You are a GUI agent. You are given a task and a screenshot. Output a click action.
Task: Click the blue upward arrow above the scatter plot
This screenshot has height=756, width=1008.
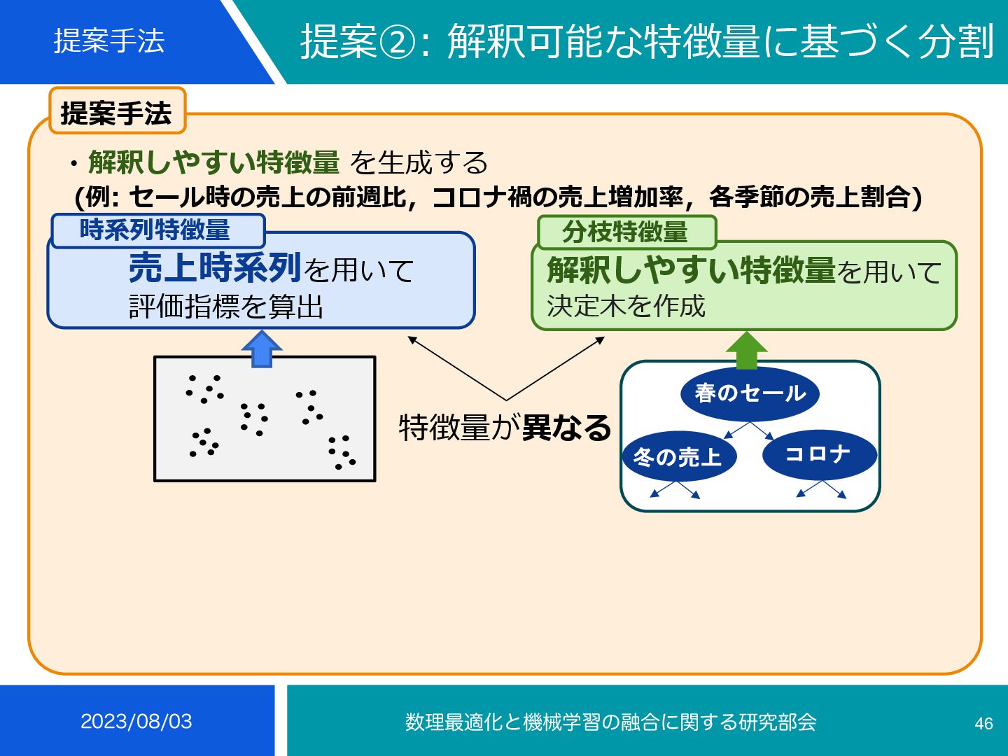point(261,349)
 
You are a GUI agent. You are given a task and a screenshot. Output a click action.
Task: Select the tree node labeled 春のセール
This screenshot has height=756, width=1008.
point(750,393)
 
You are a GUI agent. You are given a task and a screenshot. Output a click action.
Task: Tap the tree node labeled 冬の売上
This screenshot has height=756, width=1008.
point(678,457)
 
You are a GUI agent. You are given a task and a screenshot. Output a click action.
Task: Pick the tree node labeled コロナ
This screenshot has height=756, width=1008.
point(819,454)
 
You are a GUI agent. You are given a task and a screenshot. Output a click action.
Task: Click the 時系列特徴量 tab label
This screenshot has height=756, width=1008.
point(156,230)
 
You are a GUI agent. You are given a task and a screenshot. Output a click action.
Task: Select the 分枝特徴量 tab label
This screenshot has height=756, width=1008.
point(626,232)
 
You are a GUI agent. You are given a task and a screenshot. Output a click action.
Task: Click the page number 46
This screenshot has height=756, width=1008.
point(983,723)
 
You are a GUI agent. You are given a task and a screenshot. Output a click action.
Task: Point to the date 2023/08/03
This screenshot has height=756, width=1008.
point(136,722)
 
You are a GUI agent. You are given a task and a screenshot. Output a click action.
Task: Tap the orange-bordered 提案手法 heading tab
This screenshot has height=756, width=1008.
point(117,112)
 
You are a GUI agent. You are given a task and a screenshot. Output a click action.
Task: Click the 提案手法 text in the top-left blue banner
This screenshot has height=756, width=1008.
point(109,41)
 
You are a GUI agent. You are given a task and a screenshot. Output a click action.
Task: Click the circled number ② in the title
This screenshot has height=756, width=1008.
point(398,42)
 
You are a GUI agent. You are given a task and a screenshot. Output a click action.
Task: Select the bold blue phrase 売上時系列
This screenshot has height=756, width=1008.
point(215,267)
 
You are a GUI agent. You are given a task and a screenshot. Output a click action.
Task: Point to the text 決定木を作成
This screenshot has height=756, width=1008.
point(626,306)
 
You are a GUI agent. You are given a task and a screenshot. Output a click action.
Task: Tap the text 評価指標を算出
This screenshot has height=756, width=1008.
point(226,307)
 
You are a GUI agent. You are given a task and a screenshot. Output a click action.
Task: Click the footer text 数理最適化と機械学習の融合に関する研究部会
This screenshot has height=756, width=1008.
point(610,722)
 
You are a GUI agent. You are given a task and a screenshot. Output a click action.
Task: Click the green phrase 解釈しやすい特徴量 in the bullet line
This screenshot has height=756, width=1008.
point(214,162)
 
